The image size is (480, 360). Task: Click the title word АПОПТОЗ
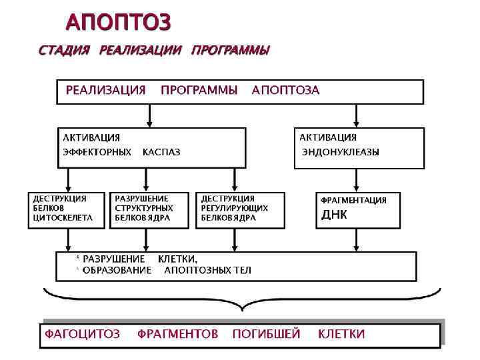118,23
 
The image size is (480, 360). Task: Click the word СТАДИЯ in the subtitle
63,51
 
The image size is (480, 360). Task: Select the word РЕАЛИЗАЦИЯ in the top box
105,91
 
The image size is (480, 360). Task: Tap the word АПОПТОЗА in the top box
285,91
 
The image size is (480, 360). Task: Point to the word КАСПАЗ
161,152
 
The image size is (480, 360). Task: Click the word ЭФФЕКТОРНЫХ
97,152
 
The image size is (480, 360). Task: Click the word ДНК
335,215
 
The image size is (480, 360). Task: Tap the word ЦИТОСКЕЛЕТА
60,217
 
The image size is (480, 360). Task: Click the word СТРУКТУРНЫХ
139,208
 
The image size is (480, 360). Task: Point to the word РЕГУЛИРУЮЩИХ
235,208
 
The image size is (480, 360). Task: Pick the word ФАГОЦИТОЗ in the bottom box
82,334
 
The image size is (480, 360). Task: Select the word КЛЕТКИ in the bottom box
341,334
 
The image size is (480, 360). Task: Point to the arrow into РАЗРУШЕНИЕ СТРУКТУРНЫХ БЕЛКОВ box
151,180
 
